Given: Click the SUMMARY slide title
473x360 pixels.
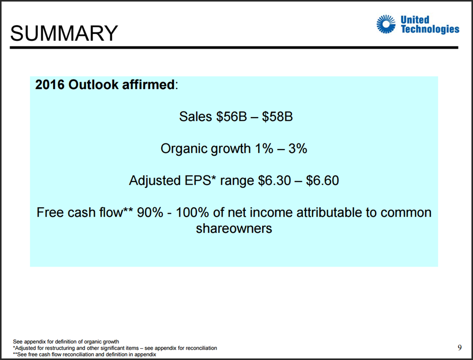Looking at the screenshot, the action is [64, 33].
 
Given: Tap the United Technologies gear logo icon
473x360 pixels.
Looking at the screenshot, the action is [386, 24].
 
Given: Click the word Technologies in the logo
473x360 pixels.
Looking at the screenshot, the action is [430, 29].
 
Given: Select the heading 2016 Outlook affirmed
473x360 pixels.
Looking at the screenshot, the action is [105, 85].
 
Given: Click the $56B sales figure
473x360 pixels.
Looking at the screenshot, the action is [231, 116].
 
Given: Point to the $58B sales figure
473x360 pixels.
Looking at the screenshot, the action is [277, 116].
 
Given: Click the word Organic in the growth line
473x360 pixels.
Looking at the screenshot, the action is [184, 149].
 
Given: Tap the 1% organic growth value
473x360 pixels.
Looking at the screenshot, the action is [264, 149].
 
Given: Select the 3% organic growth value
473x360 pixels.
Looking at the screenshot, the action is [298, 149].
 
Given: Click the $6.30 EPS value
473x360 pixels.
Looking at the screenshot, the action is [274, 181].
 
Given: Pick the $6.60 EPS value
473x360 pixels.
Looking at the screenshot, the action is [323, 181].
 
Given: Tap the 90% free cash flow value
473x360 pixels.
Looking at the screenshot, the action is [150, 212].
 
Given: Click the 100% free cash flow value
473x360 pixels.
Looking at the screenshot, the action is [192, 212].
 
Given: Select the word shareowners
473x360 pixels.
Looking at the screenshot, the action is [234, 228].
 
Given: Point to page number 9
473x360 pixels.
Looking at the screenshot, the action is [460, 348].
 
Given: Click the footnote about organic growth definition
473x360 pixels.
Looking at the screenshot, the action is [66, 341].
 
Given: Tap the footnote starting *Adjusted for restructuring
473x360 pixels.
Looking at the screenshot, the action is [115, 348].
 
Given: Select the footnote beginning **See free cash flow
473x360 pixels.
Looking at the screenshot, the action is [85, 354].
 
